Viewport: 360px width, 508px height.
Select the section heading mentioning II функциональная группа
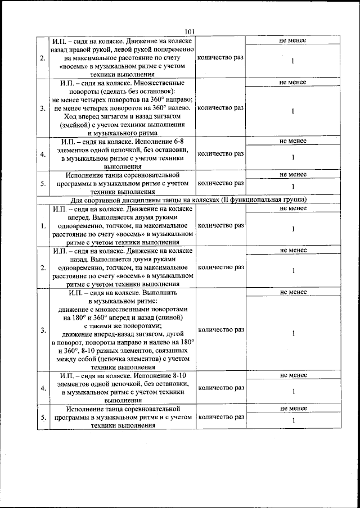188,200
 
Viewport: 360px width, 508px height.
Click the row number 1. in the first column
43,226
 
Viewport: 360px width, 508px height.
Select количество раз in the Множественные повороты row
220,107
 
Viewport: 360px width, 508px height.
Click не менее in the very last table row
293,409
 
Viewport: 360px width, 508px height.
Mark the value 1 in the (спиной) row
293,333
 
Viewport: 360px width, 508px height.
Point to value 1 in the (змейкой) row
293,111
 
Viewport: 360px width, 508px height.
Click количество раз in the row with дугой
220,329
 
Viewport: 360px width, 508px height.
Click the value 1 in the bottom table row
293,421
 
